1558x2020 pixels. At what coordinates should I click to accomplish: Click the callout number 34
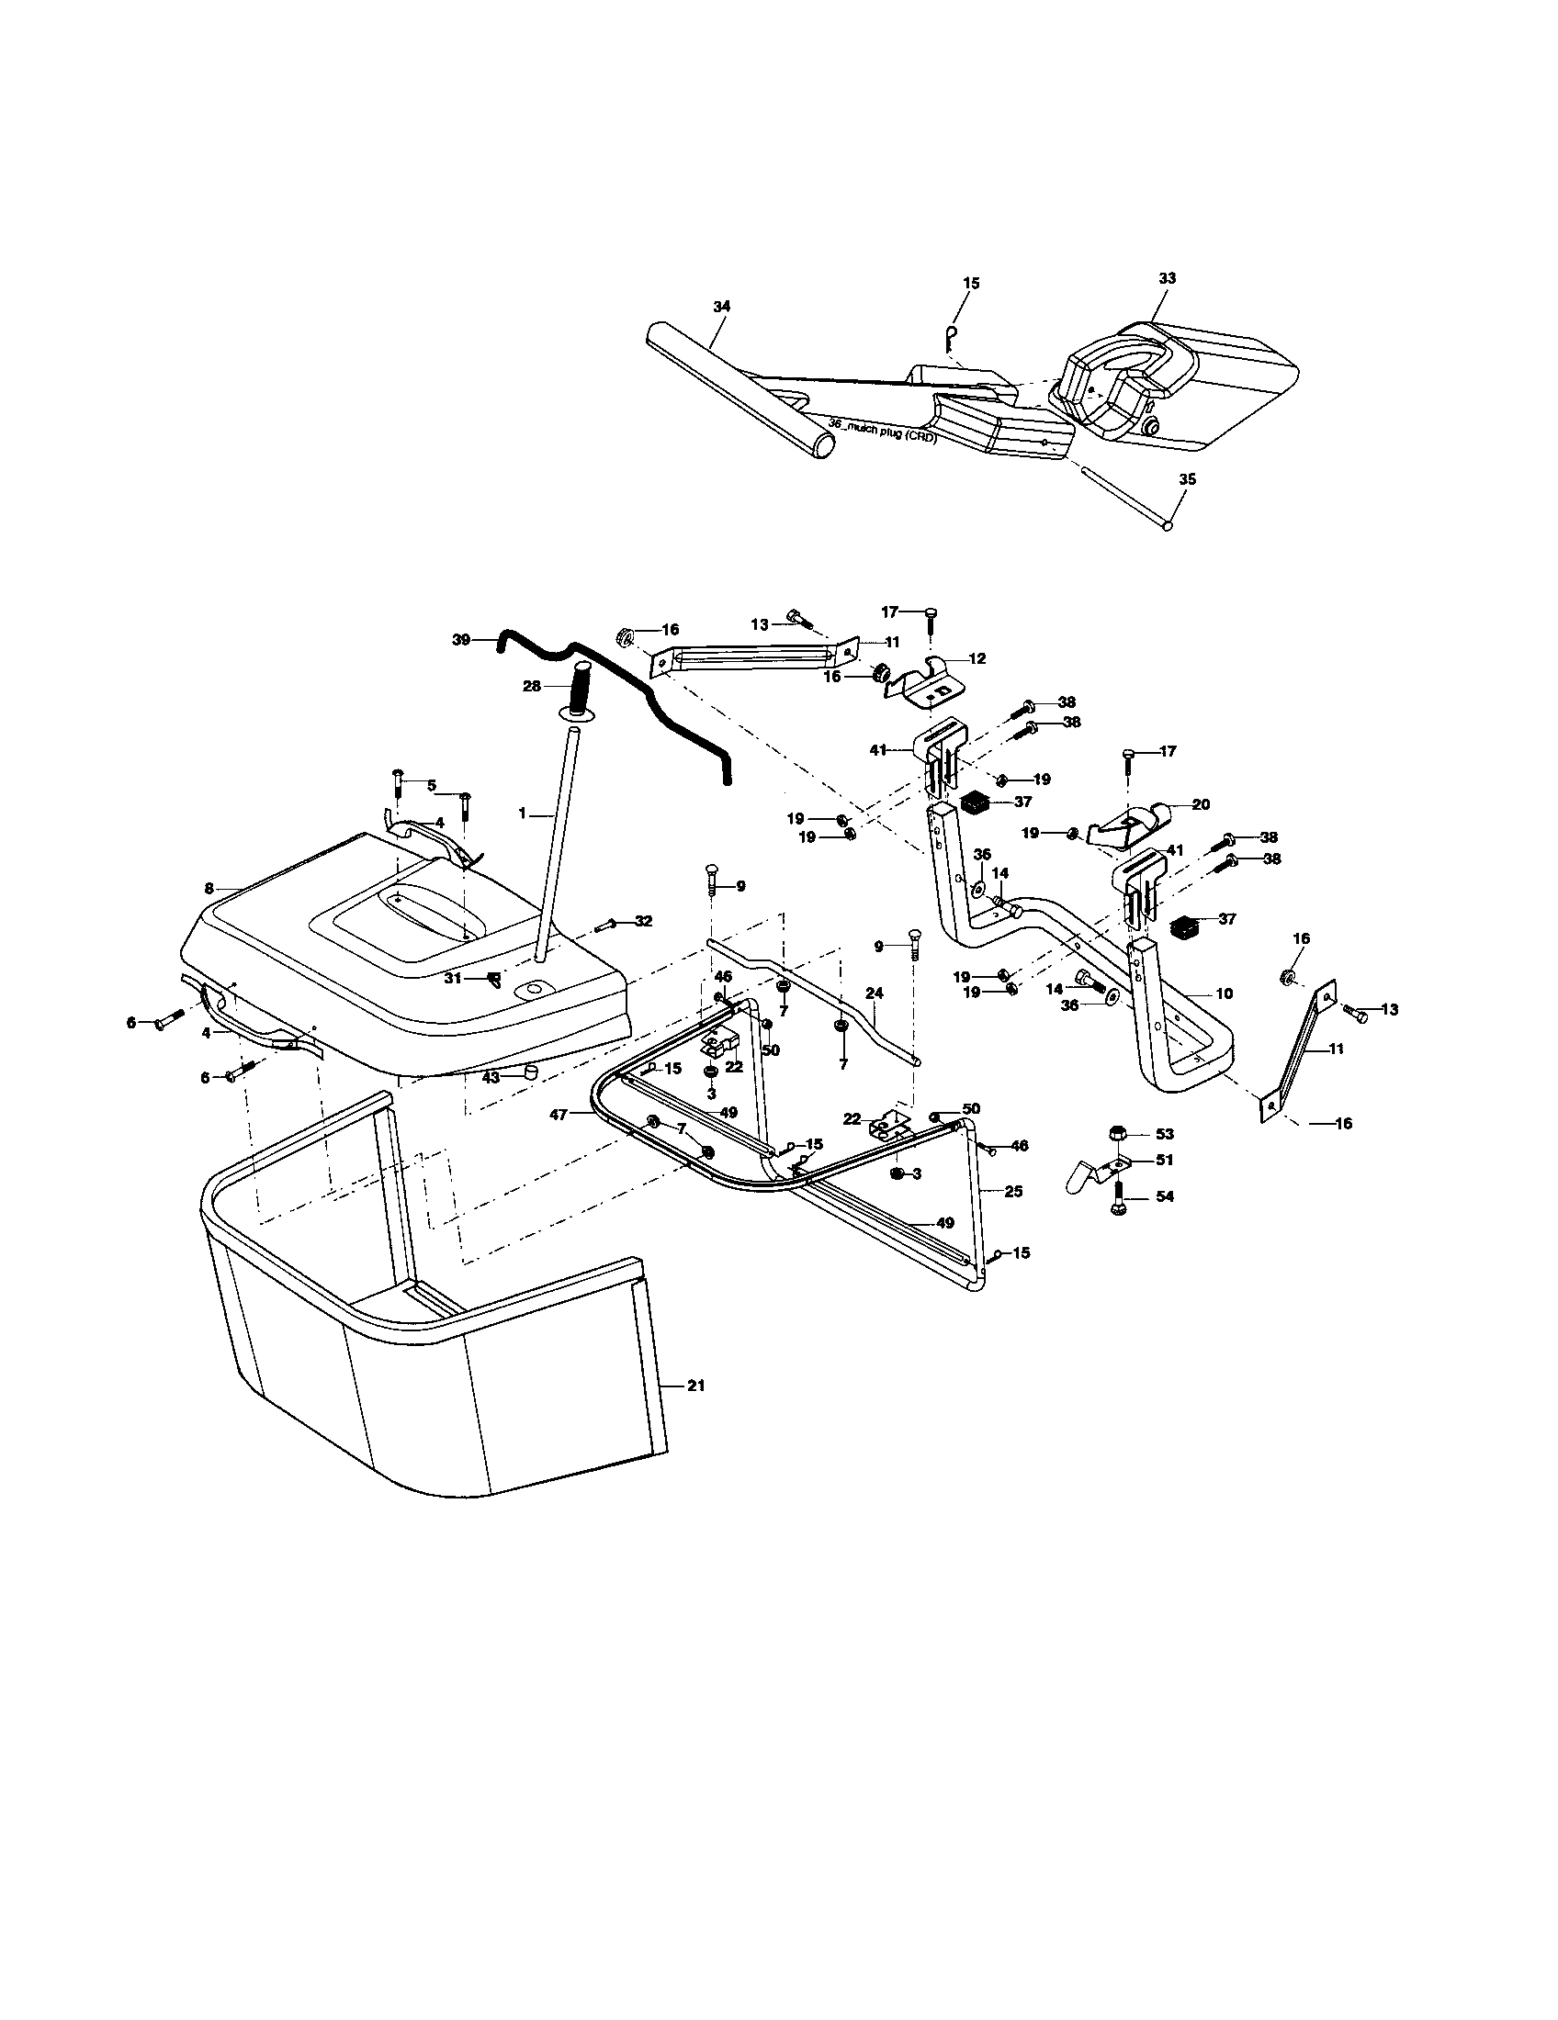click(722, 306)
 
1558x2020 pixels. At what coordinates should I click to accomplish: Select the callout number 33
click(1167, 277)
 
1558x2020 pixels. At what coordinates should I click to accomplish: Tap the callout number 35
click(1187, 479)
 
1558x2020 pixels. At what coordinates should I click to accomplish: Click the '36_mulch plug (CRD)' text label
click(882, 431)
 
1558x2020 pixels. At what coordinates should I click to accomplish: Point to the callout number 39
click(461, 639)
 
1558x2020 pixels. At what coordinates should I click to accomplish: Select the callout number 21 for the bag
click(696, 1411)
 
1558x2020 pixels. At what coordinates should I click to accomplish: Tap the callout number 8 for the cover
click(209, 888)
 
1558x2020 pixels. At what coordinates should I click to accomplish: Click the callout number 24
click(875, 993)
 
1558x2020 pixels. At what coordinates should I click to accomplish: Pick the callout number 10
click(1224, 993)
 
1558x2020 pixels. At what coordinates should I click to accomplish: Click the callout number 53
click(1165, 1134)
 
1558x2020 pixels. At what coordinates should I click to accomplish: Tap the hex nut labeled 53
click(1117, 1134)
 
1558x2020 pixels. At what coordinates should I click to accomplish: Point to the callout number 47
click(558, 1116)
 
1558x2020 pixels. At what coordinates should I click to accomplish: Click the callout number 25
click(1013, 1191)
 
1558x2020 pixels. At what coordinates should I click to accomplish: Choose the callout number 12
click(977, 658)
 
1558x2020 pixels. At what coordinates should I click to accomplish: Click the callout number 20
click(1201, 804)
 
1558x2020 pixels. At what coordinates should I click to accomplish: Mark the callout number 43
click(491, 1077)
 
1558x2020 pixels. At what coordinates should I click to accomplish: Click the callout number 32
click(643, 921)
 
